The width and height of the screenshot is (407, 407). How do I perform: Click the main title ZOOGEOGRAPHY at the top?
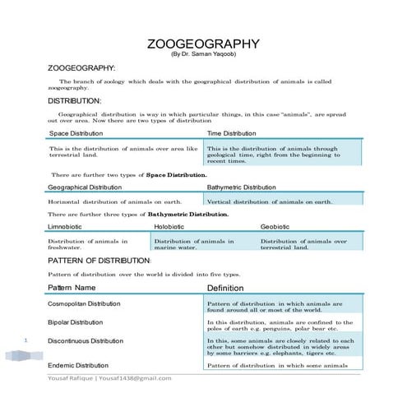pyautogui.click(x=203, y=44)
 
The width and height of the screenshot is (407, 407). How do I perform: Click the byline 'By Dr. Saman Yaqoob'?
pyautogui.click(x=203, y=54)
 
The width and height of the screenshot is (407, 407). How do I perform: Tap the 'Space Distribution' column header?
pyautogui.click(x=76, y=132)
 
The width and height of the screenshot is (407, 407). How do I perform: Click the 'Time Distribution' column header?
pyautogui.click(x=231, y=132)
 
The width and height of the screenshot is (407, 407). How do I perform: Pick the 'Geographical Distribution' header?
pyautogui.click(x=85, y=187)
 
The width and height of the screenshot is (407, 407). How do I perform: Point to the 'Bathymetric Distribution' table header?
pyautogui.click(x=242, y=187)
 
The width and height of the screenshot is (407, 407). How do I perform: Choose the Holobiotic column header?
pyautogui.click(x=169, y=226)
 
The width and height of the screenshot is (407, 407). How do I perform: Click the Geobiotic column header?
pyautogui.click(x=275, y=226)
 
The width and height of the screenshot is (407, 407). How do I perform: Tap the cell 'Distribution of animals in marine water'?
pyautogui.click(x=194, y=244)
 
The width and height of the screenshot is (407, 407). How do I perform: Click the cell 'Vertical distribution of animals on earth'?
pyautogui.click(x=270, y=201)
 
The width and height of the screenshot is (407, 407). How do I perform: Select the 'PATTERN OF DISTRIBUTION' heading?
pyautogui.click(x=99, y=261)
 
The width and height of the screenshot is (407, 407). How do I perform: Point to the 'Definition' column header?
pyautogui.click(x=225, y=289)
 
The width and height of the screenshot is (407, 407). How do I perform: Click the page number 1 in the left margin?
pyautogui.click(x=27, y=340)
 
